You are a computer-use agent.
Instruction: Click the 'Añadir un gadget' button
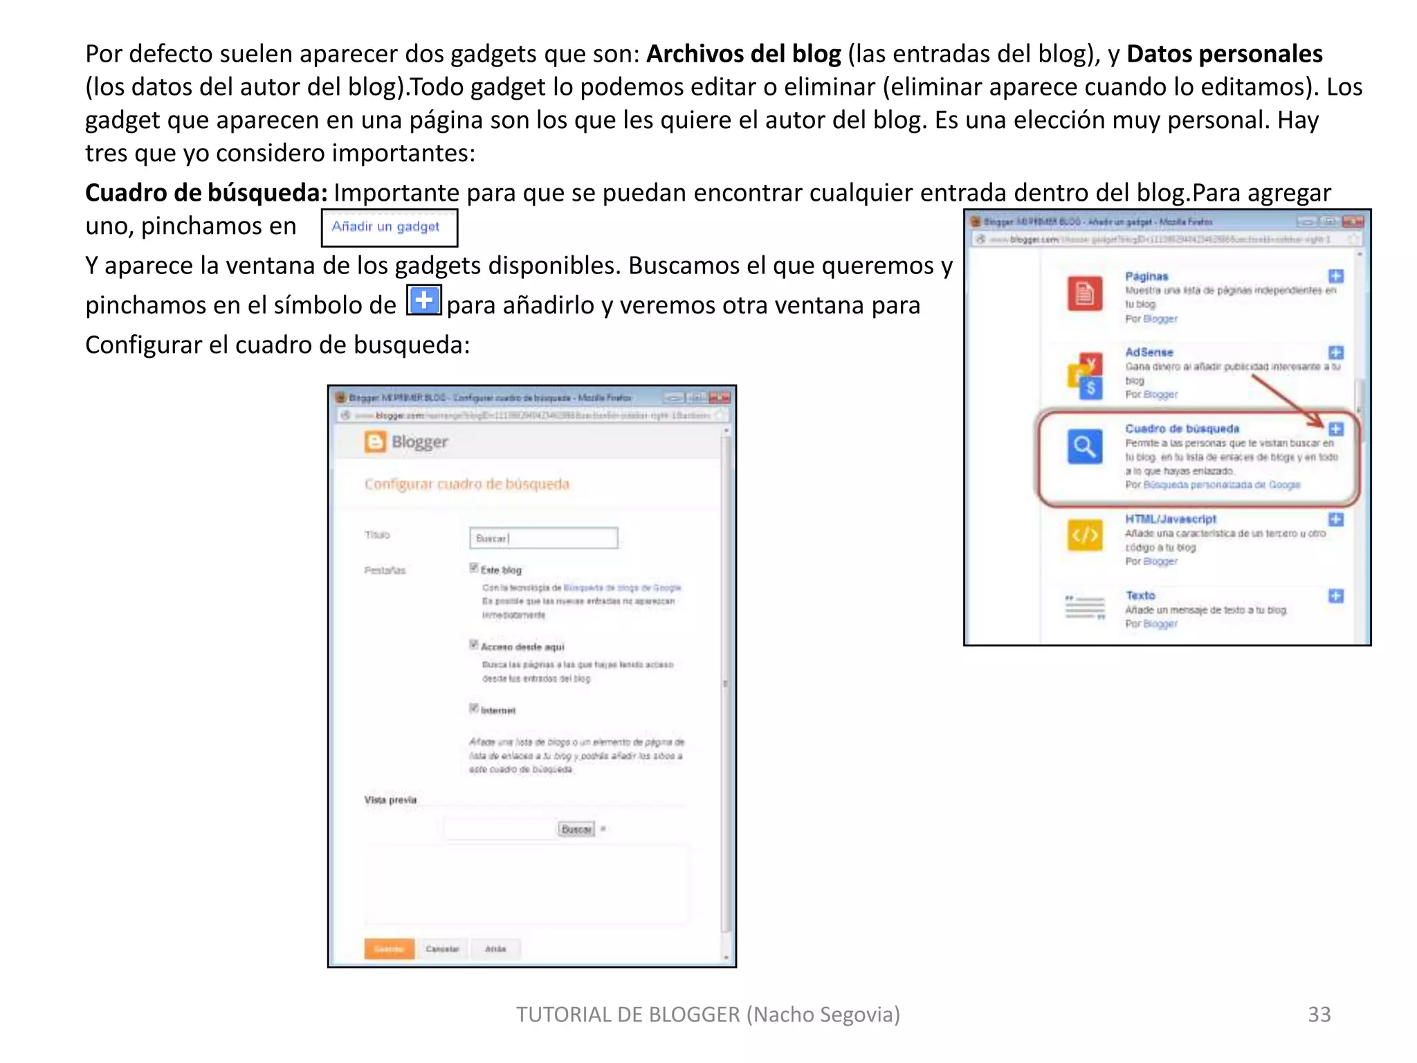click(389, 227)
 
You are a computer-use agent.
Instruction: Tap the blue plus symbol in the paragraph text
click(423, 300)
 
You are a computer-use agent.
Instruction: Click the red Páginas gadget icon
click(1084, 293)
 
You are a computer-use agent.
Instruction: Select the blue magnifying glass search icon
click(1084, 446)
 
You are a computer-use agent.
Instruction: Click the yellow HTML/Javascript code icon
click(1084, 535)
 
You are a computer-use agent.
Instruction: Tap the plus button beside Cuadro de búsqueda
click(1336, 429)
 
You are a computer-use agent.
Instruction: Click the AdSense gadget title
click(1149, 352)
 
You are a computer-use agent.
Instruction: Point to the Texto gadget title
click(1140, 595)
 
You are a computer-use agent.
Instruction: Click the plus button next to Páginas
click(1336, 276)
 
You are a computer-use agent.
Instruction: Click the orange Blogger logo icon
click(375, 442)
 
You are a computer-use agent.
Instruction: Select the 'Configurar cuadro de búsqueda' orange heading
click(467, 484)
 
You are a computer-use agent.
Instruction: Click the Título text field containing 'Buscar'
click(543, 538)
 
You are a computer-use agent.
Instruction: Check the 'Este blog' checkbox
click(474, 568)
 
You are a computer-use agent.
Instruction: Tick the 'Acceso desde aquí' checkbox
click(474, 645)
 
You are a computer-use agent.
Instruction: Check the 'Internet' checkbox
click(474, 708)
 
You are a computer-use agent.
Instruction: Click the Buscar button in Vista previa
click(576, 829)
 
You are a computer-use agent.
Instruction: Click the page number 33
click(1319, 1014)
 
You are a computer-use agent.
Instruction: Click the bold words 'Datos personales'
click(1224, 54)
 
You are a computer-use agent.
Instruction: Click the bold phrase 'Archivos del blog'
click(743, 54)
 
